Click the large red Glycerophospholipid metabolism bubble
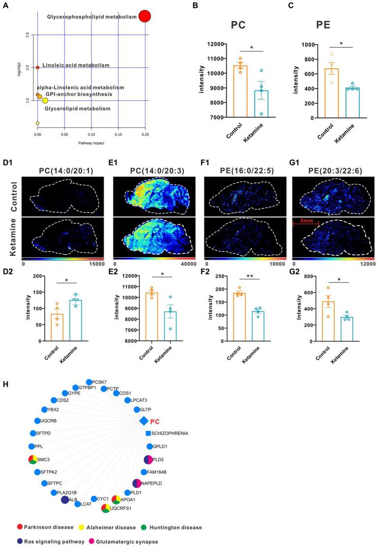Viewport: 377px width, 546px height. (145, 16)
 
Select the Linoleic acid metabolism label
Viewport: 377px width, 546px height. (76, 65)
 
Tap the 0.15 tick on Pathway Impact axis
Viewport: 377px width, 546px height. (118, 134)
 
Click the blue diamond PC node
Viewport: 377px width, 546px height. (144, 421)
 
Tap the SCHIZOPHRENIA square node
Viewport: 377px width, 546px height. (148, 433)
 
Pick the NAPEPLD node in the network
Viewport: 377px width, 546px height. (137, 484)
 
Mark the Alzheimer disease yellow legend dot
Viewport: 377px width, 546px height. (87, 527)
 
